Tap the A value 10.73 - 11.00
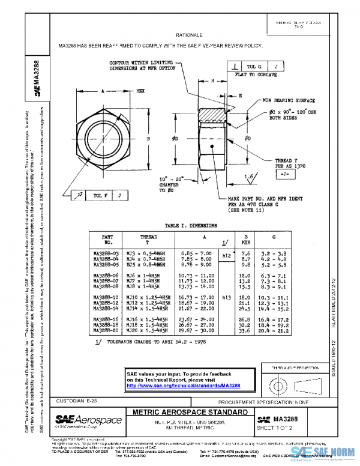pyautogui.click(x=198, y=275)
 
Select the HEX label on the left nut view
pyautogui.click(x=141, y=90)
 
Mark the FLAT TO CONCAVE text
pyautogui.click(x=257, y=76)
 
